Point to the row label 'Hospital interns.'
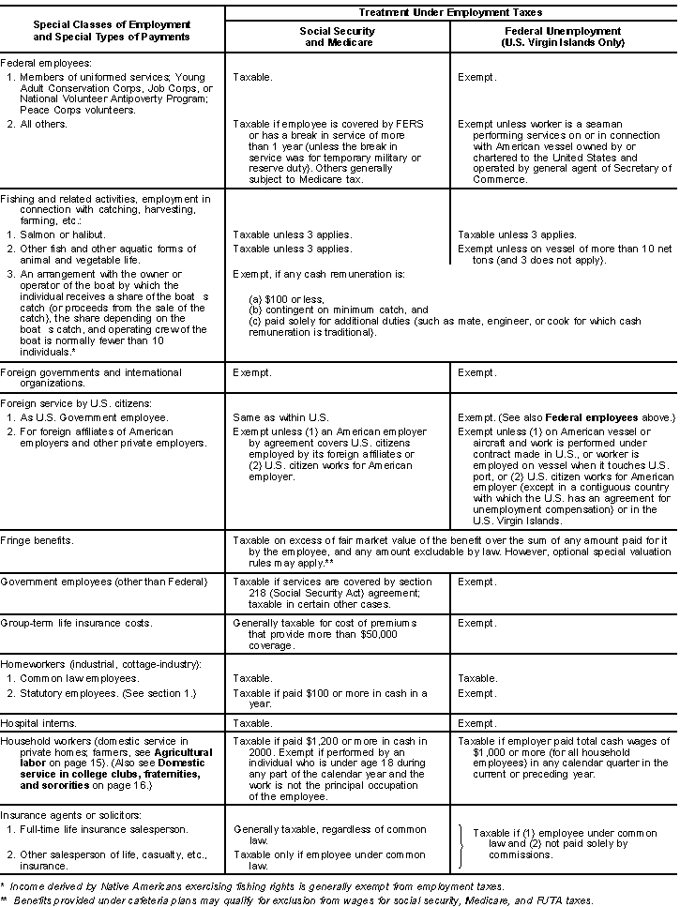[36, 724]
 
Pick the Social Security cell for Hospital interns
[253, 724]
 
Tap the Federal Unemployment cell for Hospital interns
[476, 724]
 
